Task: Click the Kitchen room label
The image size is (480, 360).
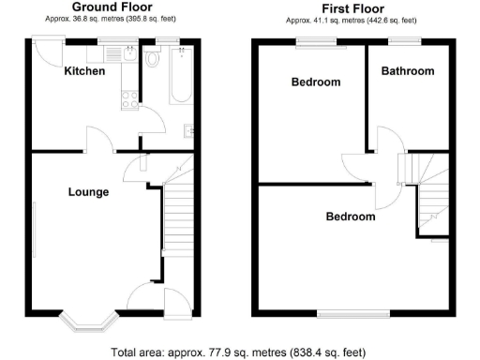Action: coord(83,71)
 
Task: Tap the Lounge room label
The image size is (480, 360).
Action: coord(88,192)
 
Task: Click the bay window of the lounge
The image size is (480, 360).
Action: coord(87,321)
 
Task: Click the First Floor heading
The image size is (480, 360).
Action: coord(351,7)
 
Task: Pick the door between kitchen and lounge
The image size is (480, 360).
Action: coord(100,141)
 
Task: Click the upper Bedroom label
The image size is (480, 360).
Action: coord(315,82)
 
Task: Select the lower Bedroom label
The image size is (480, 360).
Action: coord(350,217)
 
